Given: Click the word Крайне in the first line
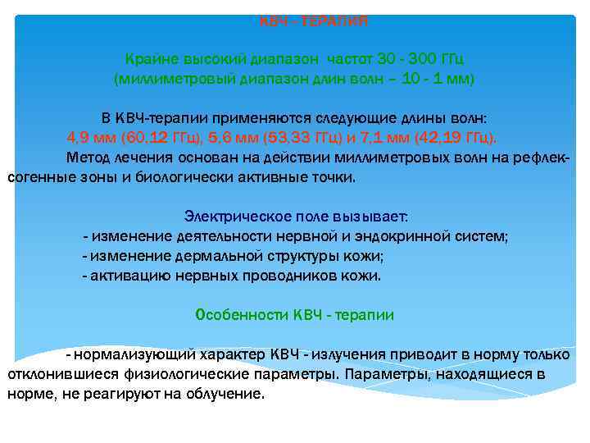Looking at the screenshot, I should click(x=149, y=59).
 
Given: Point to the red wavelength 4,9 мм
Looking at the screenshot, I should click(x=93, y=136).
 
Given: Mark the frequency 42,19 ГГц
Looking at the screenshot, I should click(x=457, y=136).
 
